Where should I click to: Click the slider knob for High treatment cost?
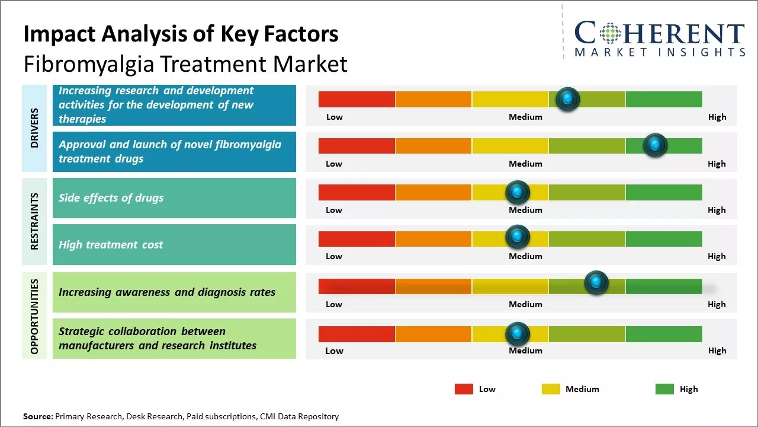(x=517, y=237)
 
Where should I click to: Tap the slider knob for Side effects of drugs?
(x=517, y=192)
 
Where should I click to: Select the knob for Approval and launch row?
(x=655, y=145)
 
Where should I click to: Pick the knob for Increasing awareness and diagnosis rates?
(x=596, y=282)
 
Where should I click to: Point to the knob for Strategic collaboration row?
(x=517, y=334)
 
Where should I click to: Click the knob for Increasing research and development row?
(x=567, y=99)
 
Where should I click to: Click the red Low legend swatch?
(x=464, y=389)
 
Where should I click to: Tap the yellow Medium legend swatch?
(x=551, y=389)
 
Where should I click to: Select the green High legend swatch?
(x=664, y=389)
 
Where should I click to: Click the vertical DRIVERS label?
(x=34, y=128)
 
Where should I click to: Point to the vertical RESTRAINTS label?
(x=34, y=221)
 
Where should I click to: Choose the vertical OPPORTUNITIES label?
(x=34, y=316)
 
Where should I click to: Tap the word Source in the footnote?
(x=38, y=416)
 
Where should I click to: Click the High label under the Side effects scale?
(x=717, y=210)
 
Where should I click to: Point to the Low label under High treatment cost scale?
(x=334, y=256)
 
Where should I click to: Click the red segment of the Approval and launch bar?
(x=356, y=146)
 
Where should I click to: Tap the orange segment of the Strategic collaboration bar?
(x=433, y=334)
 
